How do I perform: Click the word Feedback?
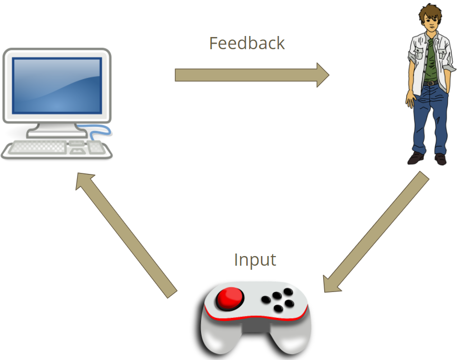[x=247, y=44]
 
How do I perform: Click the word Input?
[x=255, y=260]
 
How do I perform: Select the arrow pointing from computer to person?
[x=252, y=75]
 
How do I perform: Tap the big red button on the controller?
[x=229, y=298]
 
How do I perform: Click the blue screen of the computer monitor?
[x=57, y=85]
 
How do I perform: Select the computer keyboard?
[x=38, y=148]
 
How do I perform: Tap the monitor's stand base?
[x=57, y=133]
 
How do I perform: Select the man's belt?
[x=430, y=83]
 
